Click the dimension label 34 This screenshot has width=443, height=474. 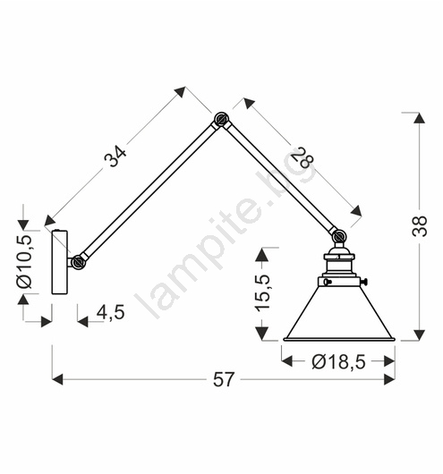[x=115, y=156]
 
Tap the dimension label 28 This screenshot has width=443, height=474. [x=302, y=157]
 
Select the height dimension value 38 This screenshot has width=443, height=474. [x=420, y=225]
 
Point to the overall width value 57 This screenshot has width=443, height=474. [x=224, y=379]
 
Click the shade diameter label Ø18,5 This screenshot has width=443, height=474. [x=338, y=361]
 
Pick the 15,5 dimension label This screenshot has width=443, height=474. [x=262, y=292]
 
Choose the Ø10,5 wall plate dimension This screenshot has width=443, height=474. [x=24, y=261]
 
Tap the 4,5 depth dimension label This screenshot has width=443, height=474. [x=111, y=312]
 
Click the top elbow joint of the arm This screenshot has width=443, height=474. [x=222, y=119]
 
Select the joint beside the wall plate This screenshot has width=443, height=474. [x=79, y=262]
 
